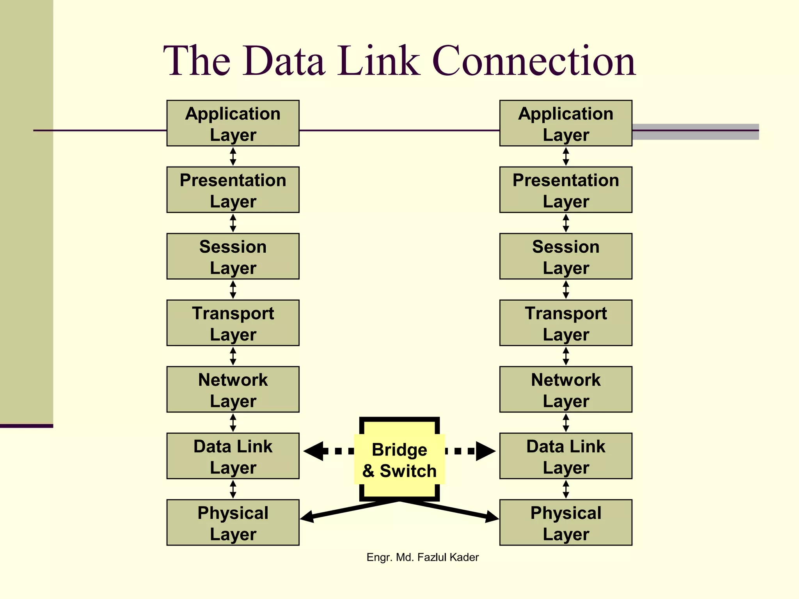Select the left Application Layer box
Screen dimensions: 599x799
233,123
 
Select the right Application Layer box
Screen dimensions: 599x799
566,123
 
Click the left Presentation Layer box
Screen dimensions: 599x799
233,190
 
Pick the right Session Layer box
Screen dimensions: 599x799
566,256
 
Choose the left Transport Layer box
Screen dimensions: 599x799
233,323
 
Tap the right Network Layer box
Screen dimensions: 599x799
566,389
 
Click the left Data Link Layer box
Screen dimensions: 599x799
233,456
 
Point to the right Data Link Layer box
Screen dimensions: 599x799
566,456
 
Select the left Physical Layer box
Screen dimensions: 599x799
233,523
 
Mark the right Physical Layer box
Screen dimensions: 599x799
566,523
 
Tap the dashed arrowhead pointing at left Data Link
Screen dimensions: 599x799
314,451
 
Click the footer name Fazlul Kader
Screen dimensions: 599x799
447,557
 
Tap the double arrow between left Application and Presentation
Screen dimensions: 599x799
233,156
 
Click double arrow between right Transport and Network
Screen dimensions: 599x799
566,356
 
